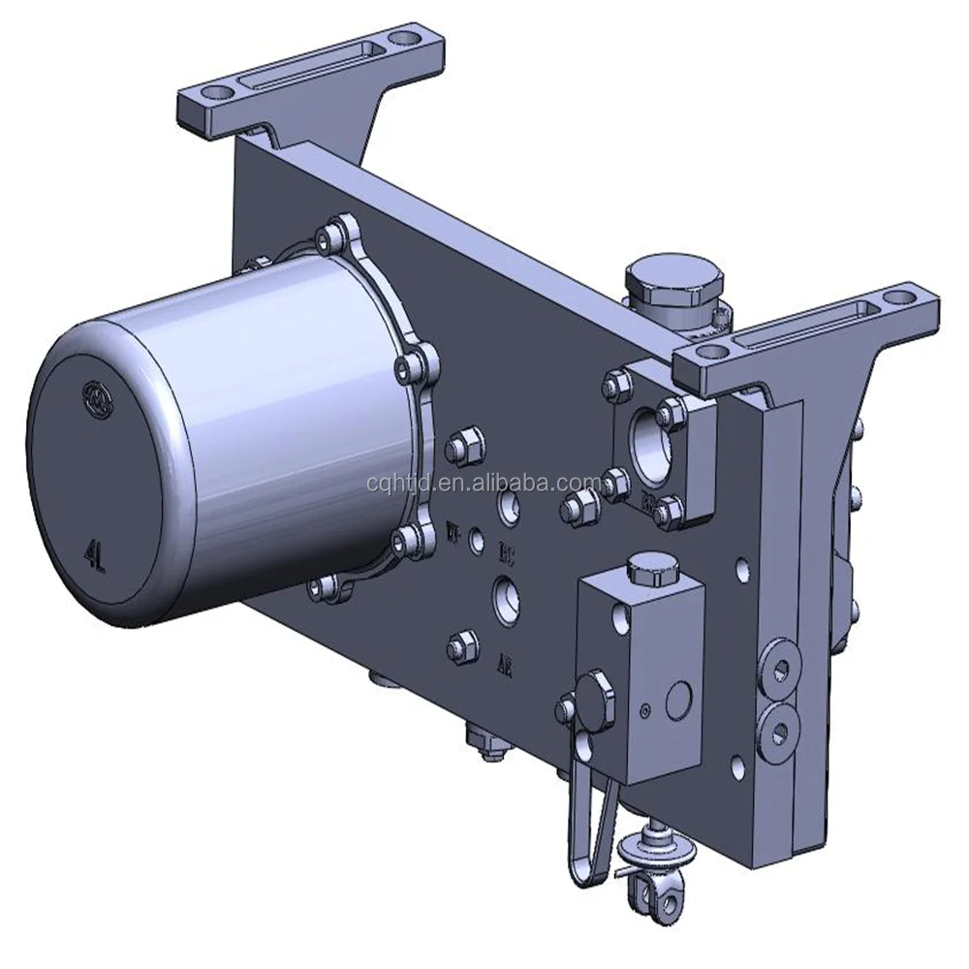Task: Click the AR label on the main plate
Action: (504, 664)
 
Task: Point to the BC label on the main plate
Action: (505, 556)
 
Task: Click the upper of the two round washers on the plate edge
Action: (779, 659)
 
